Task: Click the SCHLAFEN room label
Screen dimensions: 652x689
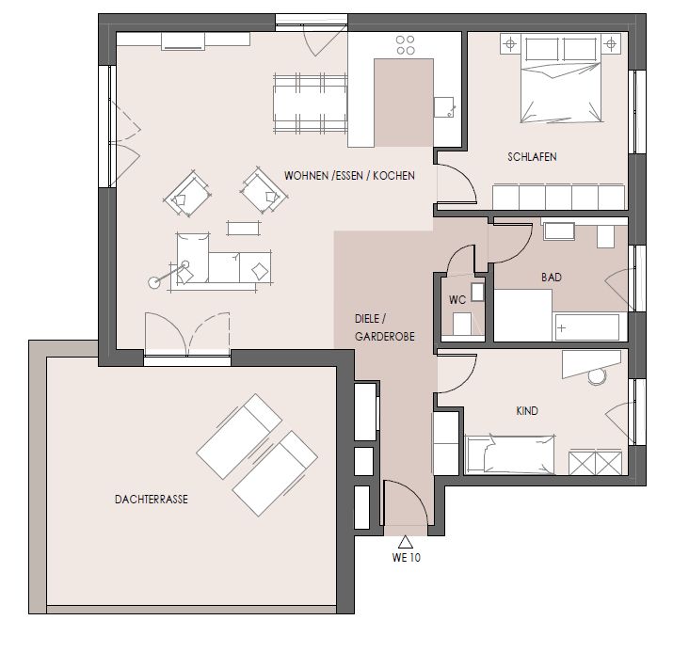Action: (532, 158)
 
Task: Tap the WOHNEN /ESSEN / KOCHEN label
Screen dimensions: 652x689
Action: (349, 175)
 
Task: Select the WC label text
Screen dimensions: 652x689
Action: (457, 300)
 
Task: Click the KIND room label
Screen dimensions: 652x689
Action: (527, 411)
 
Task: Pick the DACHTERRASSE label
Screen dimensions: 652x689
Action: (146, 501)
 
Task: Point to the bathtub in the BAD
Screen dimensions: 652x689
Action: (588, 327)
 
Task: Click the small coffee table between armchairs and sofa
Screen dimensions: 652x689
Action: (243, 227)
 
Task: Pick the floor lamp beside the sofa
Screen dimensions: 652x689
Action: (153, 279)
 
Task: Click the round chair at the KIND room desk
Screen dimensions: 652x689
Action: (596, 377)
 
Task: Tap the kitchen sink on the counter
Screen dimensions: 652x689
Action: (443, 107)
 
